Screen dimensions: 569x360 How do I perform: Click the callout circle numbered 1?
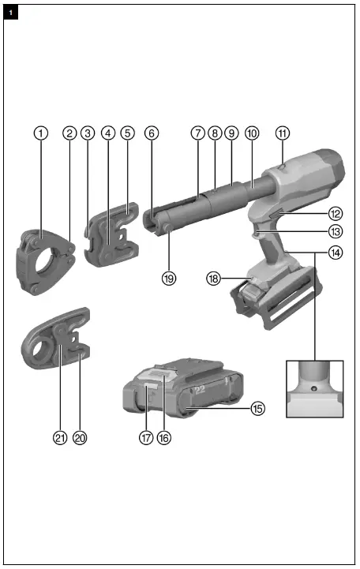[39, 133]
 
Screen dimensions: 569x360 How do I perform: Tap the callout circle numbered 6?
[152, 133]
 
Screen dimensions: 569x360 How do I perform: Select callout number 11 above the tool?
[283, 133]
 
